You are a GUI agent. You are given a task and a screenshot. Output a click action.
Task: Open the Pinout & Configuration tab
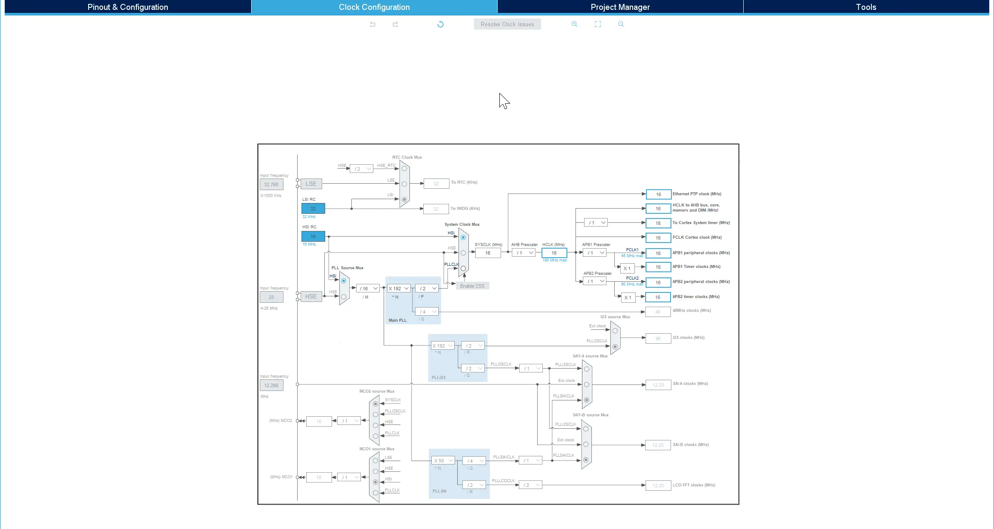pos(128,7)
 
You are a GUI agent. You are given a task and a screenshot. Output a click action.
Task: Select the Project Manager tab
pos(620,7)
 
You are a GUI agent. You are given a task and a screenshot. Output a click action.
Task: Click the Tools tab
pos(866,7)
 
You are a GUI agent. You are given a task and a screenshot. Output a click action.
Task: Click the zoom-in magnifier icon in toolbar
pos(574,24)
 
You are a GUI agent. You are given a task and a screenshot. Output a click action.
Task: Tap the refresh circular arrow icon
pos(440,24)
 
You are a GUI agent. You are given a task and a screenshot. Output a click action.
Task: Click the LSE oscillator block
pos(311,184)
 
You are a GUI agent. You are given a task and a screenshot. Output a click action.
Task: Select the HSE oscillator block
pos(311,296)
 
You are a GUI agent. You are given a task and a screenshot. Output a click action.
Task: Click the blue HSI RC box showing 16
pos(313,237)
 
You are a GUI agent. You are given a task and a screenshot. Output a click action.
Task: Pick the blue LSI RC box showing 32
pos(313,209)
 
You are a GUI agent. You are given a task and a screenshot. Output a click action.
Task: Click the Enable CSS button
pos(472,286)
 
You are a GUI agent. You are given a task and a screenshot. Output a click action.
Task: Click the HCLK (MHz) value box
pos(554,253)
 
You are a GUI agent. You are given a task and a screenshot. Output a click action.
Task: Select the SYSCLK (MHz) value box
pos(488,253)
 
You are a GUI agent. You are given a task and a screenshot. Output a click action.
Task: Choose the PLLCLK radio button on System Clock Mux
pos(463,268)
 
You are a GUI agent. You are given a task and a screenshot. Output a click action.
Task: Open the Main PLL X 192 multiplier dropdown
pos(398,289)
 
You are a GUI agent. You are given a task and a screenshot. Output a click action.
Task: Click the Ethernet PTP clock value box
pos(658,194)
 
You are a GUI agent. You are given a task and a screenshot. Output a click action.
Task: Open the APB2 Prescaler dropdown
pos(595,281)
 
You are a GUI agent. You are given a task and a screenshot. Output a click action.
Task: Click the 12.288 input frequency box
pos(271,385)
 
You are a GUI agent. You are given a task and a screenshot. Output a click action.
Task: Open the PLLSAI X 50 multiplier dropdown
pos(443,461)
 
